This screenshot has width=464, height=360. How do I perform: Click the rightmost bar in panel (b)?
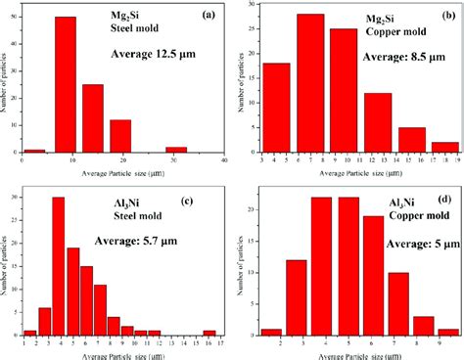[443, 146]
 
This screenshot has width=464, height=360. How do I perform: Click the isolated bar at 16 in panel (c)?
[210, 332]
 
